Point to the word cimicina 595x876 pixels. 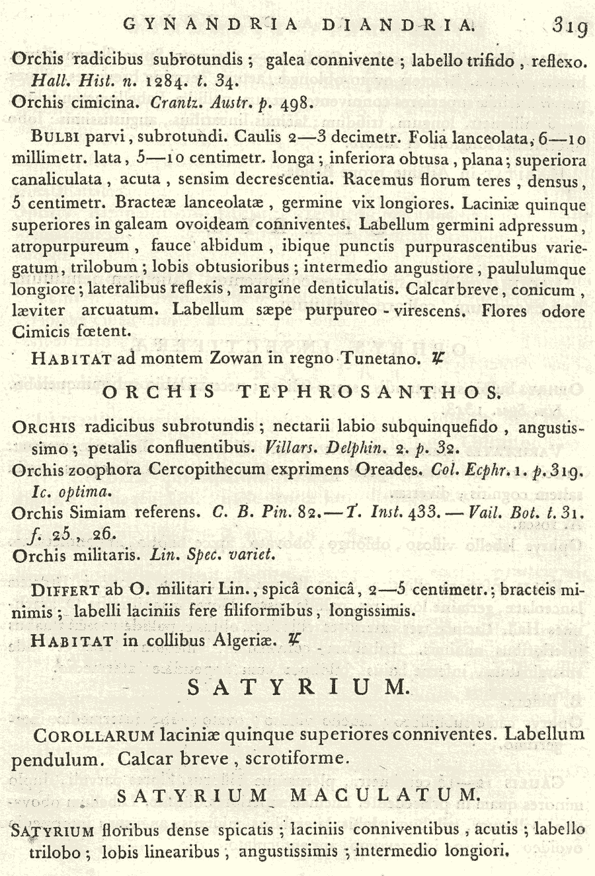106,103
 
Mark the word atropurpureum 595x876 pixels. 71,246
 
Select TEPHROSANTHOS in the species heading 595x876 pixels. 369,392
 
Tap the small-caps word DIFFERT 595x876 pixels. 65,590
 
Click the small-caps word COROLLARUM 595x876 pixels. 95,735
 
